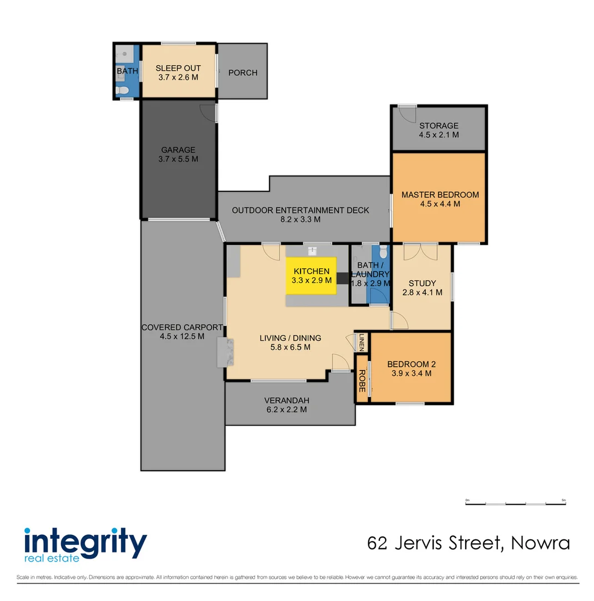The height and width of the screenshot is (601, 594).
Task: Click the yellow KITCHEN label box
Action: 311,275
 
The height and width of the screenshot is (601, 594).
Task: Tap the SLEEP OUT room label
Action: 178,68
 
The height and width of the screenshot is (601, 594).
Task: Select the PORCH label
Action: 243,72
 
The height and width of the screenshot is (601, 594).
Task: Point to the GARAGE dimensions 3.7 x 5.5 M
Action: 178,159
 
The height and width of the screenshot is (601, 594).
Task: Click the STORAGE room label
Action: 438,126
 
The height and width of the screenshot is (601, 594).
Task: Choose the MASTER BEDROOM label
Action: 440,195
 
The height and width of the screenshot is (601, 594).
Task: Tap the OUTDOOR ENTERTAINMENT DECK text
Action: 300,210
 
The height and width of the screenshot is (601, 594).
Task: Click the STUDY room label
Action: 423,283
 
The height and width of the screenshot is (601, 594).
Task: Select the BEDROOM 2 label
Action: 411,364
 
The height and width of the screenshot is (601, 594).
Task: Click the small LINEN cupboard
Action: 361,342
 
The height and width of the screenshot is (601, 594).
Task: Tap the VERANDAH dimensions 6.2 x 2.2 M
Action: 286,410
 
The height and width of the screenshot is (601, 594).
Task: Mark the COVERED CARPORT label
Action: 182,328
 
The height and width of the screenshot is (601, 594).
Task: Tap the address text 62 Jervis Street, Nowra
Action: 468,543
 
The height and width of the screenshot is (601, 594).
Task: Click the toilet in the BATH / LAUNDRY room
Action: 383,252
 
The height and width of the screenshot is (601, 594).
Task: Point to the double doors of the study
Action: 420,252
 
